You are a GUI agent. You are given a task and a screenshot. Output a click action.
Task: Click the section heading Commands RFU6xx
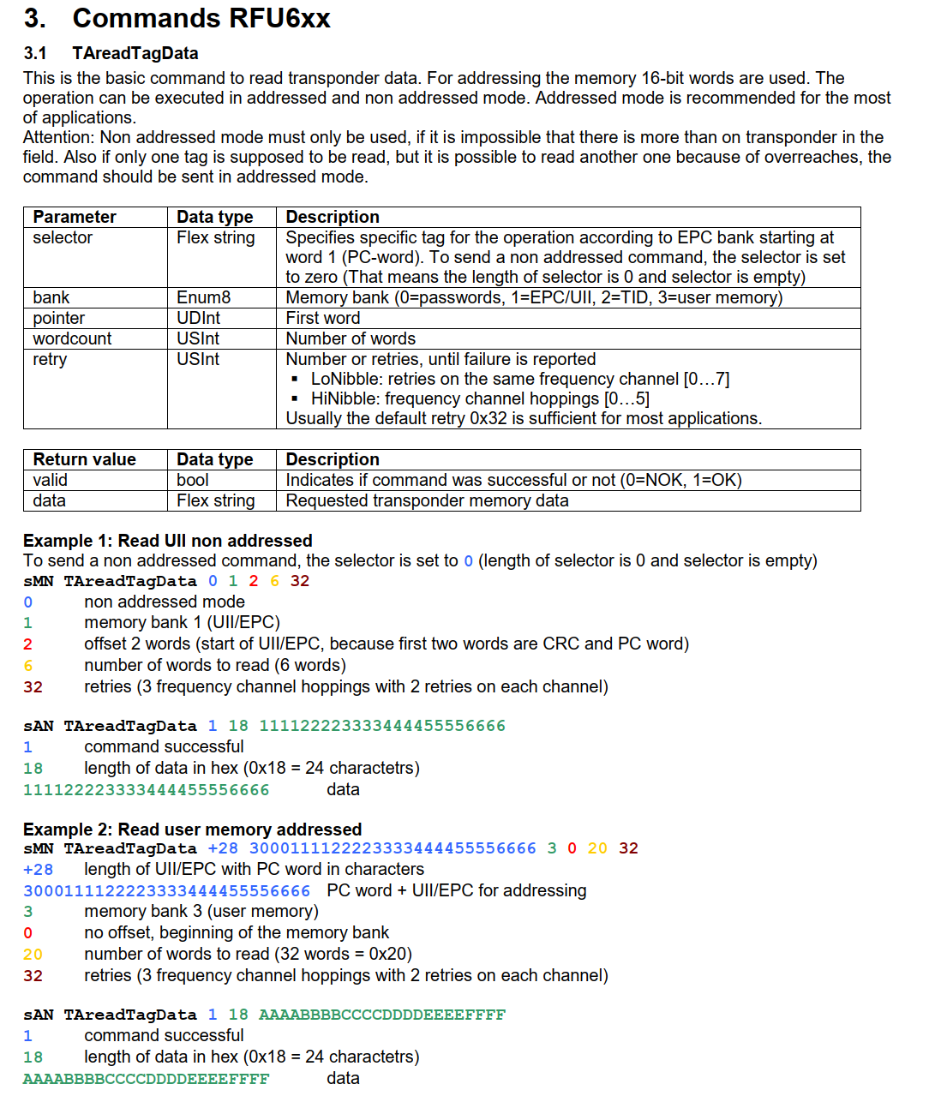coord(201,18)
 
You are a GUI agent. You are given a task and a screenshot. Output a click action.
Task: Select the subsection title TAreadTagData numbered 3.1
coord(135,53)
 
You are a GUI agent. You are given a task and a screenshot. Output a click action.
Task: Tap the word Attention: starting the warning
coord(58,137)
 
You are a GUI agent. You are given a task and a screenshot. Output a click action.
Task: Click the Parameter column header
coord(75,217)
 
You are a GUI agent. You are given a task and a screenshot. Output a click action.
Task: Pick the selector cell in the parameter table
coord(63,237)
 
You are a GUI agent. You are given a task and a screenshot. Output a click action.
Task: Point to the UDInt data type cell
coord(198,318)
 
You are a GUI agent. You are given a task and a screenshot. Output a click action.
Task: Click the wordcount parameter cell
coord(72,338)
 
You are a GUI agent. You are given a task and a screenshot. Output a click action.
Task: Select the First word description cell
coord(322,318)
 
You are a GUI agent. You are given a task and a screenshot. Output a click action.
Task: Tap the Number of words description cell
coord(350,338)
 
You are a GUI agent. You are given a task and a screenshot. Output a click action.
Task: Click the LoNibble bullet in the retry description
coord(519,379)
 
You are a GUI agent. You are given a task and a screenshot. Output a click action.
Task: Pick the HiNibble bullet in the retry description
coord(480,398)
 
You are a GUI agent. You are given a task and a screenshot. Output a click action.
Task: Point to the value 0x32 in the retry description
coord(488,418)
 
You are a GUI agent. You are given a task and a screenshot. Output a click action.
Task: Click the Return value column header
coord(84,459)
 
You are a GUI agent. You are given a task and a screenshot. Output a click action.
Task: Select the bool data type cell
coord(193,480)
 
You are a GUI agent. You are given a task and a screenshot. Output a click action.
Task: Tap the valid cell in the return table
coord(50,480)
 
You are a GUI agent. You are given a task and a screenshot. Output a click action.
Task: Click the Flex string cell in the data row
coord(215,500)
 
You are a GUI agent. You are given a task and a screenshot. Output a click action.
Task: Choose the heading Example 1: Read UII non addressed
coord(167,541)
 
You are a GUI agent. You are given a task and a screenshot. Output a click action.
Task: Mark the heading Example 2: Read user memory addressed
coord(192,830)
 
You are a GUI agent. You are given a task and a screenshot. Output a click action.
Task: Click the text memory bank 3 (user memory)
coord(201,911)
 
